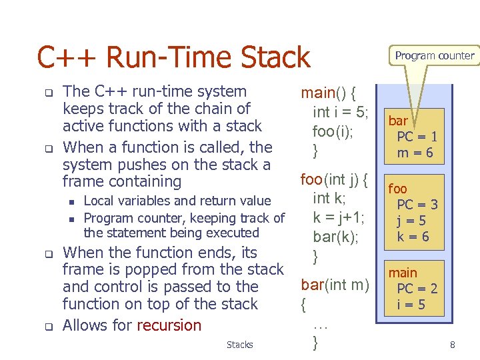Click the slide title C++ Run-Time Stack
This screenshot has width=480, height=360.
click(x=173, y=57)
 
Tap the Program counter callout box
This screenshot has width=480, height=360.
click(x=434, y=56)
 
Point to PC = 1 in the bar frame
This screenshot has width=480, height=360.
click(x=417, y=137)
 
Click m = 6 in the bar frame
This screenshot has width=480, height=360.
click(x=416, y=153)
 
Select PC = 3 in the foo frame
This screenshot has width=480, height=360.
click(x=417, y=205)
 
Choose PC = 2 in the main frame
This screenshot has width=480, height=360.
click(x=417, y=289)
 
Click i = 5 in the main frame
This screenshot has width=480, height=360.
click(x=411, y=305)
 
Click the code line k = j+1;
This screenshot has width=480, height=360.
click(x=339, y=216)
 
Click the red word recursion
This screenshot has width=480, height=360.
click(x=169, y=325)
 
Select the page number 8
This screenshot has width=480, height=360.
click(x=453, y=345)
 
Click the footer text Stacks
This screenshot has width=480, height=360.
click(x=239, y=345)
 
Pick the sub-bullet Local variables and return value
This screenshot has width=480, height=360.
click(x=177, y=201)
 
